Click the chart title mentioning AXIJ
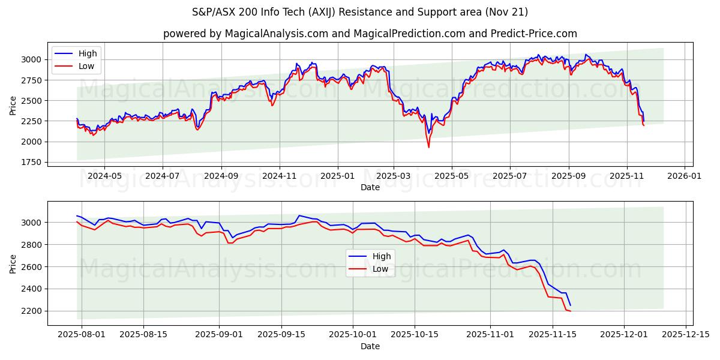coord(360,12)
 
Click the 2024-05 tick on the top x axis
coord(104,176)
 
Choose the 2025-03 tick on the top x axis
coord(394,176)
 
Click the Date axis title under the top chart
coord(370,187)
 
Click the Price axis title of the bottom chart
coord(13,263)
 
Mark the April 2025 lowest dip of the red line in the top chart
coord(428,147)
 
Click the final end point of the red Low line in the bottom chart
coord(570,311)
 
